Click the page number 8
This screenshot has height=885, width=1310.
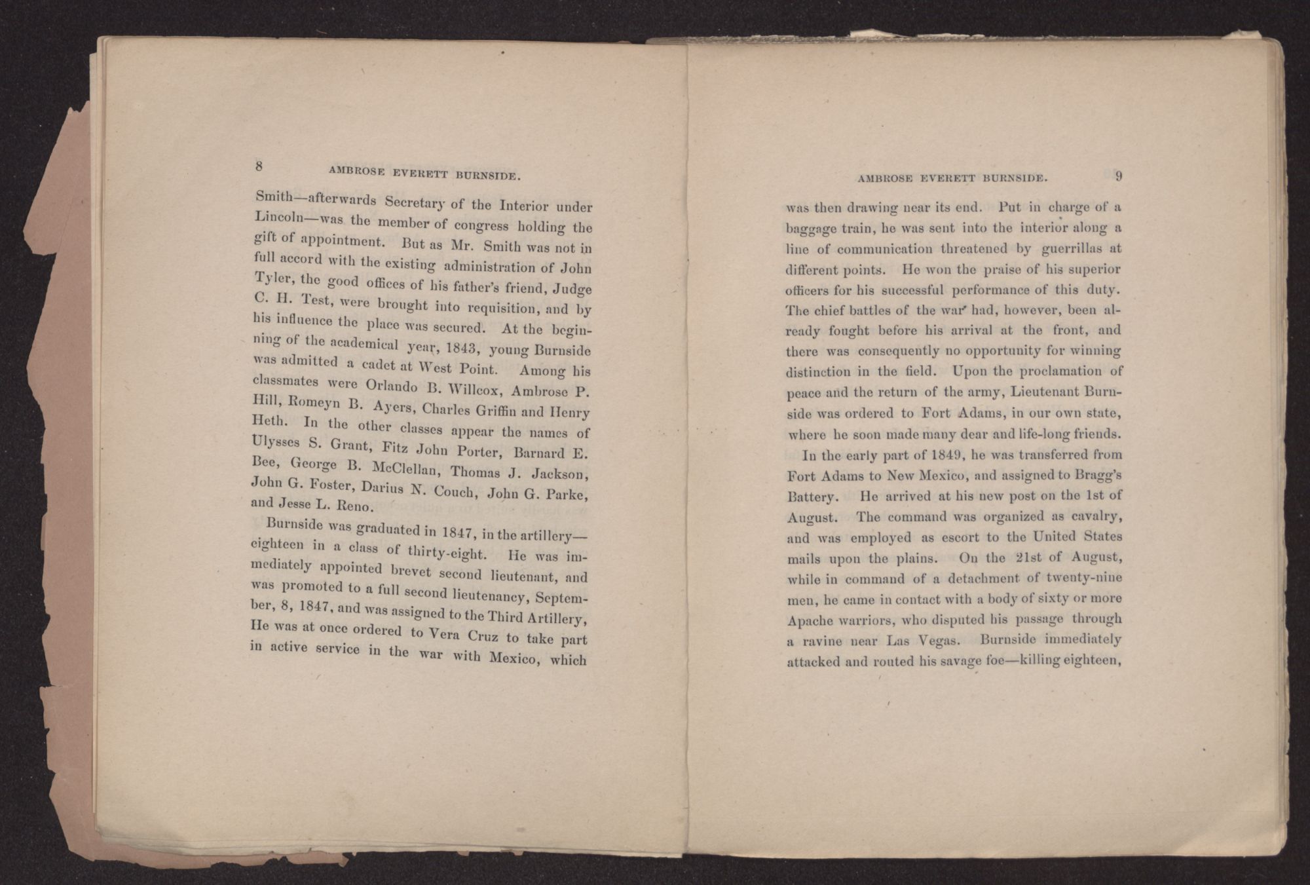[x=259, y=166]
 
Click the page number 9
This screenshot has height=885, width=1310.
[x=1119, y=176]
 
